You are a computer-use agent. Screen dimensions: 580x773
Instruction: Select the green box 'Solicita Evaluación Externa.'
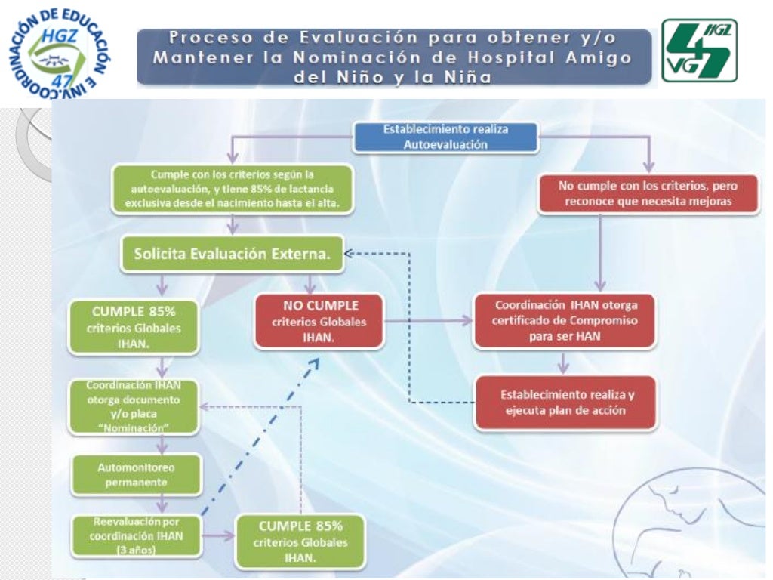(233, 255)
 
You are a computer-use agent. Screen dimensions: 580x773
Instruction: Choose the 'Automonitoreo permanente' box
(135, 474)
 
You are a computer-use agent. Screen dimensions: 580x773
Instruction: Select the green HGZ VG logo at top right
(698, 51)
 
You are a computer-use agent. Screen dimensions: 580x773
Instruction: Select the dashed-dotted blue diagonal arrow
(260, 438)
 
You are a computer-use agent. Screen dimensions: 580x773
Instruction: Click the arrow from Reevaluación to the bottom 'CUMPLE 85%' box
(219, 537)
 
